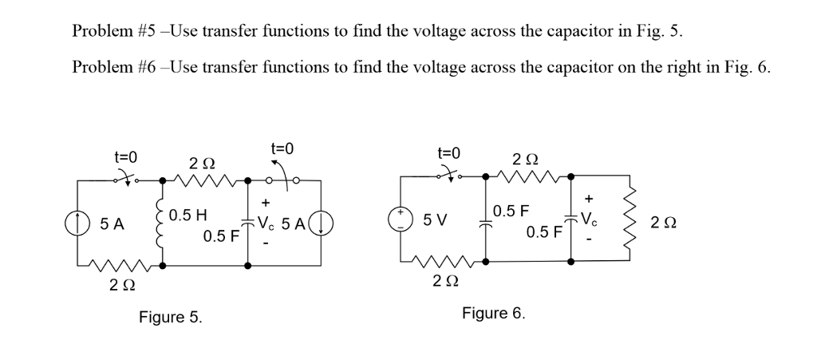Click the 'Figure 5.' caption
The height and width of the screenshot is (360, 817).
pos(171,318)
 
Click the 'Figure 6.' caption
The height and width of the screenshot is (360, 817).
pos(494,313)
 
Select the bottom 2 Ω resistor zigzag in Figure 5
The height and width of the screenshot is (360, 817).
pos(120,264)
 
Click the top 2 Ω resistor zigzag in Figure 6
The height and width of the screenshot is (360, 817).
pos(527,174)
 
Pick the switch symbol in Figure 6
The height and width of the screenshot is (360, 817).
pos(448,174)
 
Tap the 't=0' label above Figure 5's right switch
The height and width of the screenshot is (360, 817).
pos(281,149)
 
